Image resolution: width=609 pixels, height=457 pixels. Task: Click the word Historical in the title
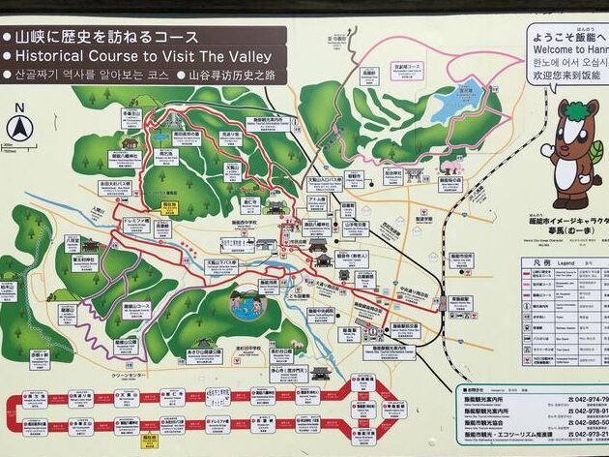(58, 56)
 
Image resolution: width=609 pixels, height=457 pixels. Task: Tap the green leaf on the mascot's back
(598, 151)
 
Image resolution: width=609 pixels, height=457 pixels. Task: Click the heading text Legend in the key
(566, 262)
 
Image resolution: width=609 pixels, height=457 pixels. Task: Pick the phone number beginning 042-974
(586, 399)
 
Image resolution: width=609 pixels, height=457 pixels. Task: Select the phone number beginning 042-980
(586, 423)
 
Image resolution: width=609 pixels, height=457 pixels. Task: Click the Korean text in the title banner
(92, 74)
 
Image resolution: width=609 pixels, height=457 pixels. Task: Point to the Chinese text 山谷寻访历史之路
(231, 74)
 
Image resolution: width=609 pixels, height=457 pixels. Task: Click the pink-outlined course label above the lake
(410, 67)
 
